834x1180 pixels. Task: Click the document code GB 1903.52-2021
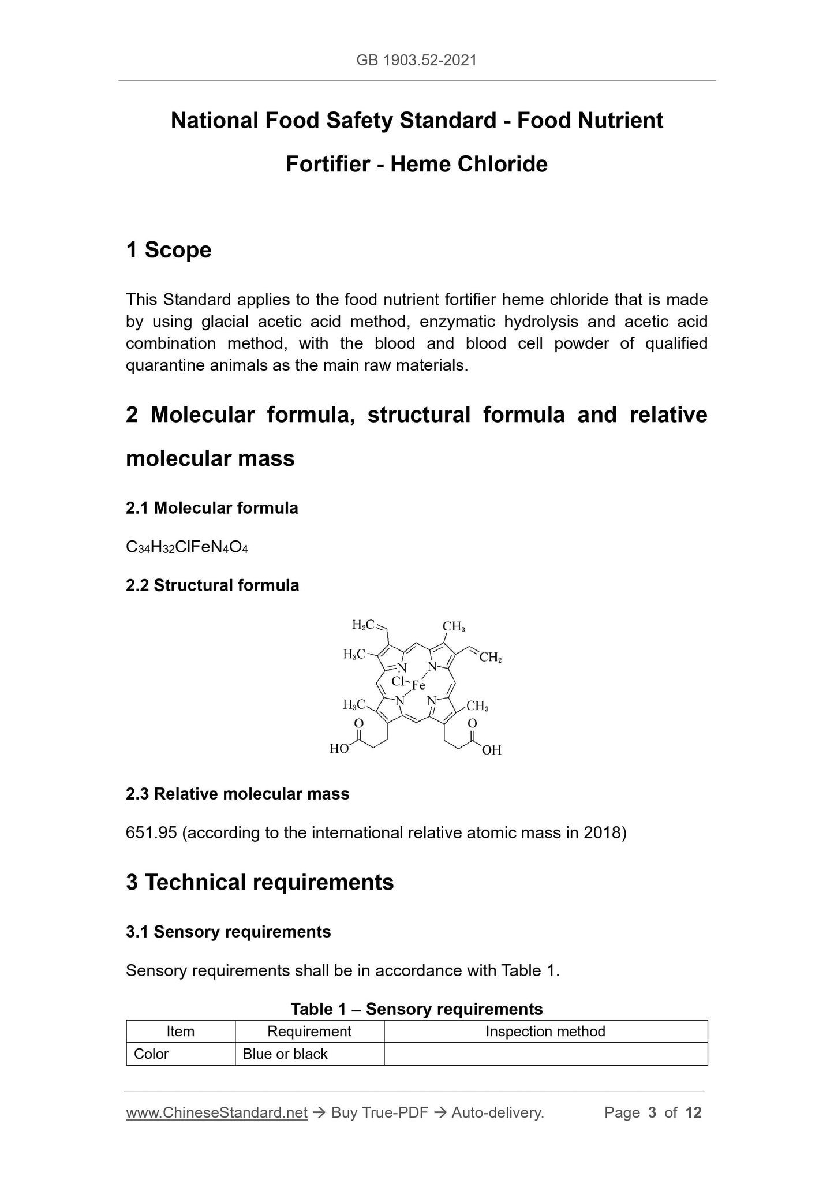[416, 60]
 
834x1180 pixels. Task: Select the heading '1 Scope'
[169, 250]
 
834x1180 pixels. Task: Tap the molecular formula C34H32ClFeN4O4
[186, 547]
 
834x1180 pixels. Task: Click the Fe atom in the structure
[418, 685]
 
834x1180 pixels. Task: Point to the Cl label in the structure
[398, 681]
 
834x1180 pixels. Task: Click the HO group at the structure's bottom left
[339, 749]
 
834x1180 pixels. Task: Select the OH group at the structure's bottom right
[492, 750]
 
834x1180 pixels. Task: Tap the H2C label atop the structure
[363, 625]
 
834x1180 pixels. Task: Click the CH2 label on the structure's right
[491, 657]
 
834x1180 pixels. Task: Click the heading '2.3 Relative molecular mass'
[237, 794]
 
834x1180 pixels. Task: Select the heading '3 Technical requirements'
[260, 882]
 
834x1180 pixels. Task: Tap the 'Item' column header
[180, 1031]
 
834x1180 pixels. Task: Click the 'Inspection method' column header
[545, 1031]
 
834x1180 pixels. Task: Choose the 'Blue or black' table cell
[285, 1054]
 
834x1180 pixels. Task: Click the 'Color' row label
[151, 1054]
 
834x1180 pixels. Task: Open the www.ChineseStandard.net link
[216, 1112]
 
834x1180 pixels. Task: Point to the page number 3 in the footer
[652, 1112]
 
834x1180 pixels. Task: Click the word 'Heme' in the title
[421, 165]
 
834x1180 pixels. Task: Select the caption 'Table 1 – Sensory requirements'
[416, 1009]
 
